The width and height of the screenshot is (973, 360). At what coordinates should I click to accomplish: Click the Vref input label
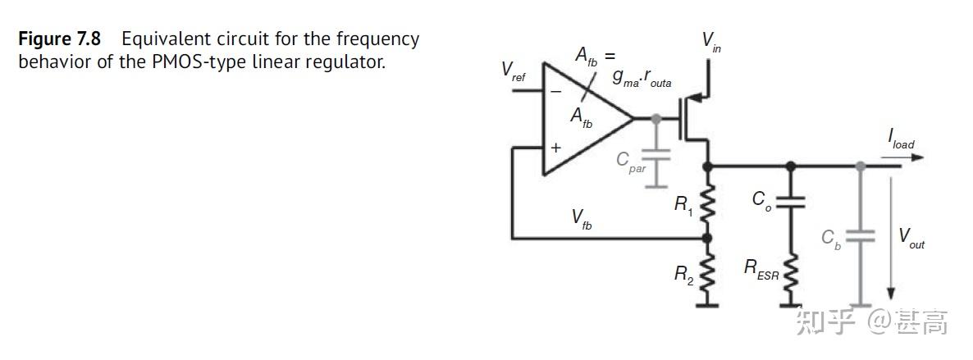pyautogui.click(x=513, y=73)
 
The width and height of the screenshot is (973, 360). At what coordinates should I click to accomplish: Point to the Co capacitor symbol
pyautogui.click(x=791, y=199)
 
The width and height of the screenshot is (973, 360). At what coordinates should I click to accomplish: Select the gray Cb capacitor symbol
pyautogui.click(x=860, y=236)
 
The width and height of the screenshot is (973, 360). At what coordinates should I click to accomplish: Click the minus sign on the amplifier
pyautogui.click(x=555, y=92)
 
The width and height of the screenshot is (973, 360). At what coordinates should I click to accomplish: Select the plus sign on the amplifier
pyautogui.click(x=555, y=148)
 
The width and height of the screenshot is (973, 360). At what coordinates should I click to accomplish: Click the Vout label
pyautogui.click(x=911, y=239)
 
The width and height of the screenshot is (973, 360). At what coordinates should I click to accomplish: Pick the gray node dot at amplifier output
pyautogui.click(x=656, y=120)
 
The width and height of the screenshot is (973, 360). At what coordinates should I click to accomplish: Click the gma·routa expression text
pyautogui.click(x=641, y=78)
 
